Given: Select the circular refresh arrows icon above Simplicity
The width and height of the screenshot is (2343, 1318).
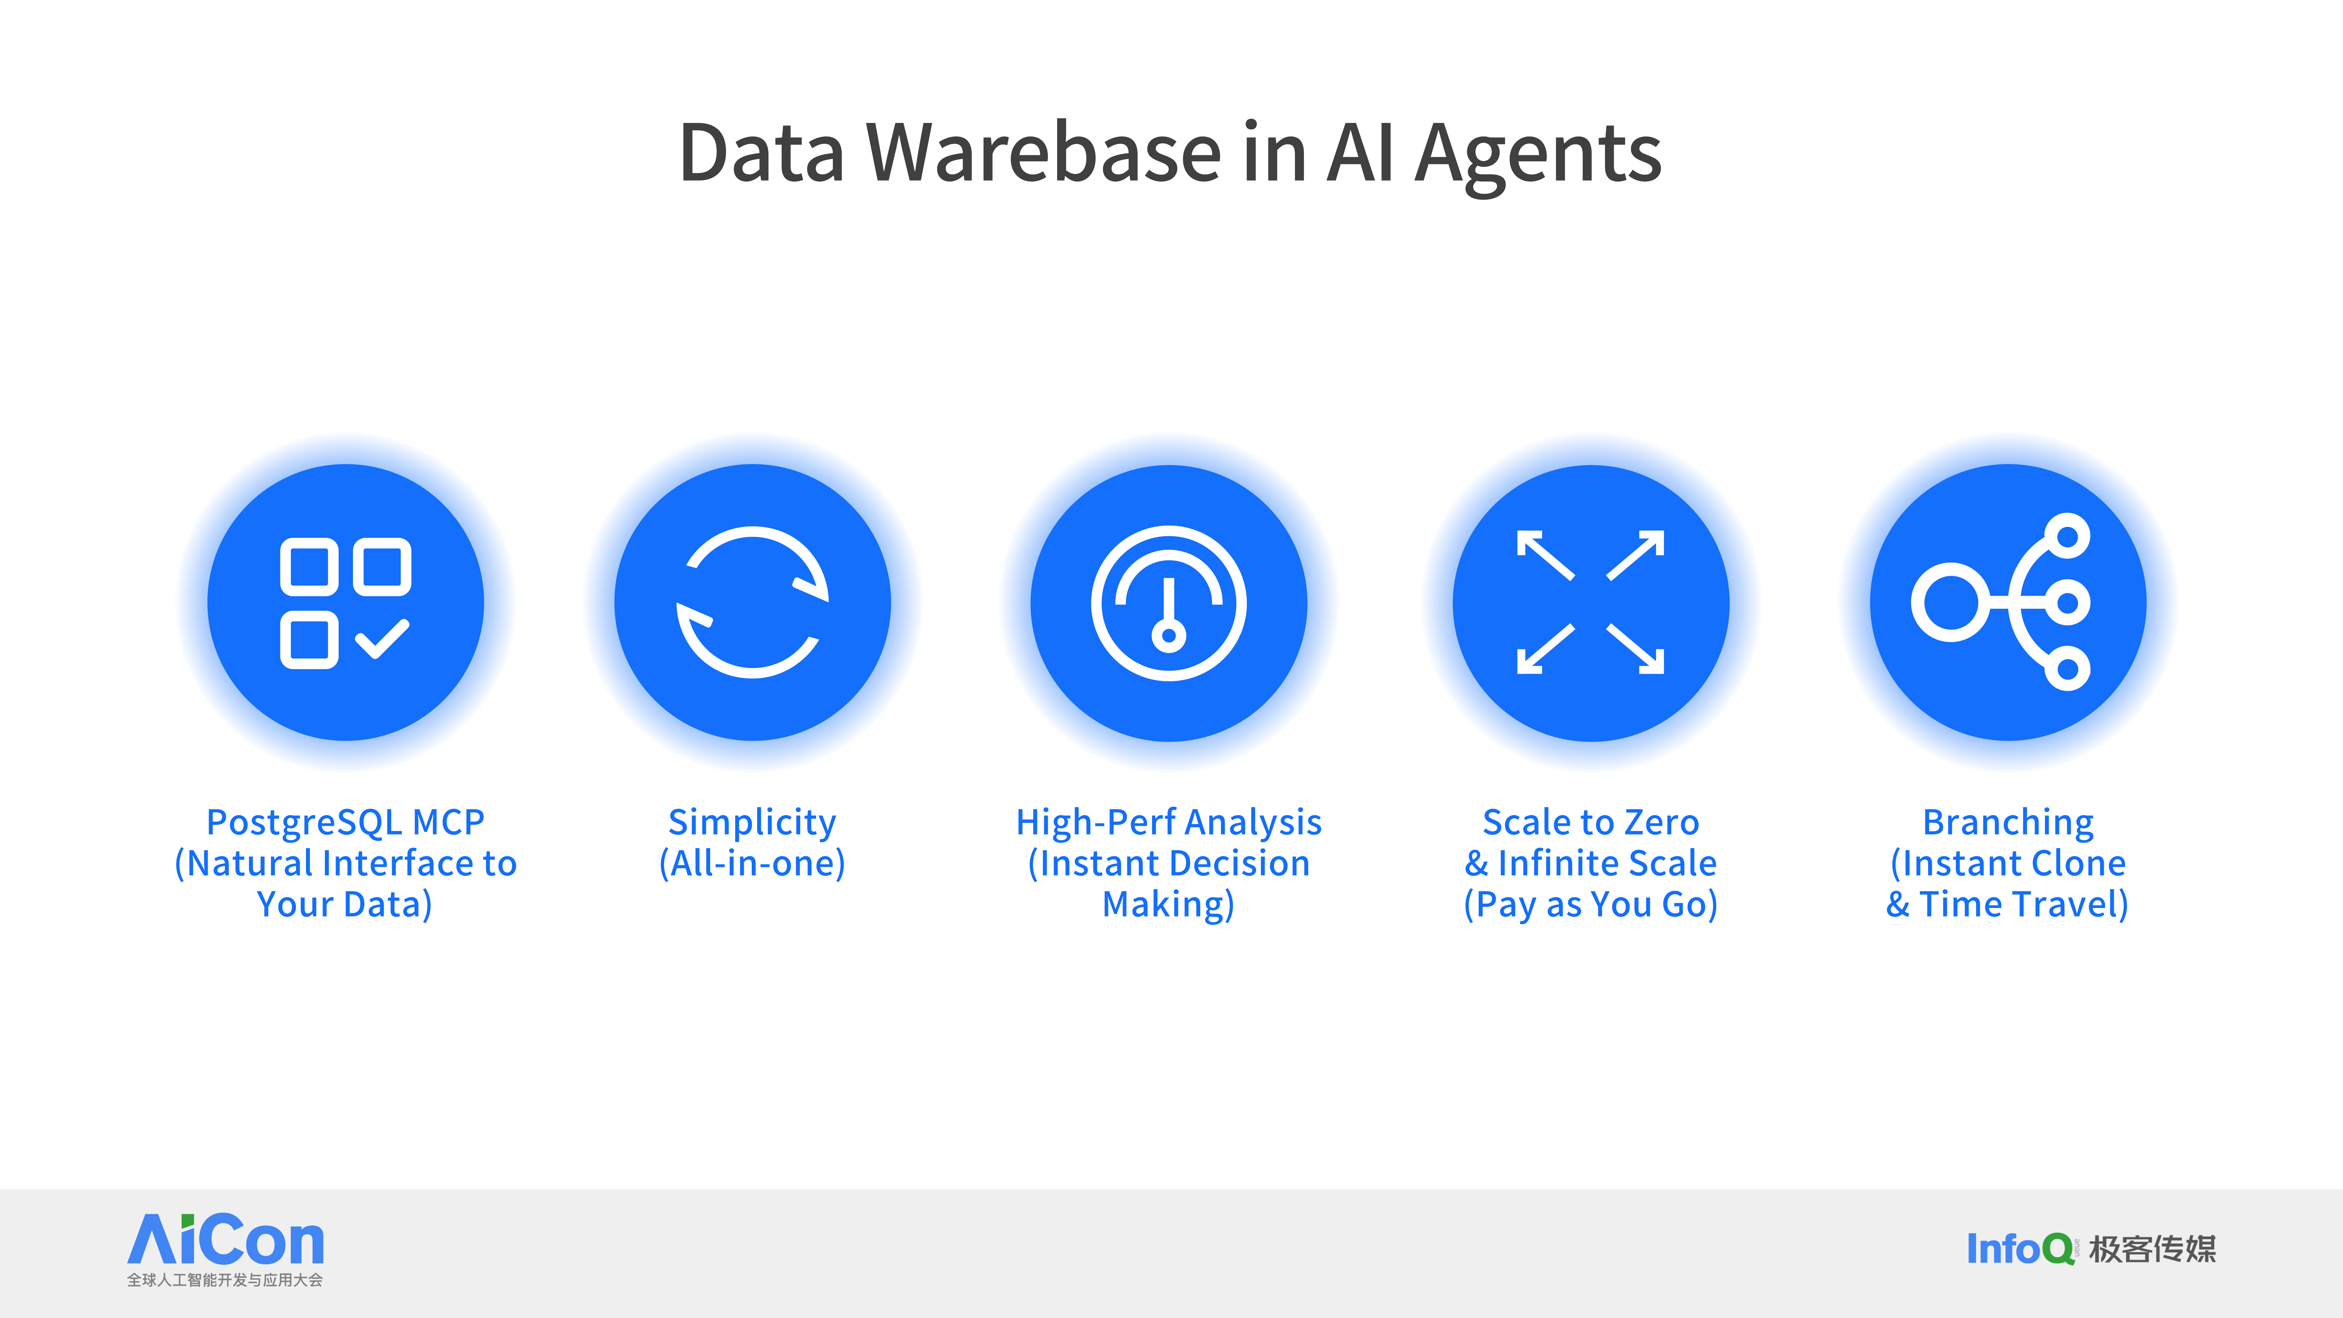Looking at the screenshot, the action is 752,602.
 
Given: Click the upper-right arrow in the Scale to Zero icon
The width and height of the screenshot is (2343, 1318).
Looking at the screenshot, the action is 1635,555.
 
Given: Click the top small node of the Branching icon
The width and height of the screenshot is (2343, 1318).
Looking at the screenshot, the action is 2068,536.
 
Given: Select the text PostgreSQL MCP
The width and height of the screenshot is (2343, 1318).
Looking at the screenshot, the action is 346,822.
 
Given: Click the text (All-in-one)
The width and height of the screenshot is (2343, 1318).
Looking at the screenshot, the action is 752,863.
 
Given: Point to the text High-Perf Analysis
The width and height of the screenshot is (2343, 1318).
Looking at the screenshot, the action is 1169,822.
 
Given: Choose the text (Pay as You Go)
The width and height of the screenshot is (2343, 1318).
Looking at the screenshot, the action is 1591,904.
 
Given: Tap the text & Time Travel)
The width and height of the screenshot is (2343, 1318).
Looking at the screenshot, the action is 2007,904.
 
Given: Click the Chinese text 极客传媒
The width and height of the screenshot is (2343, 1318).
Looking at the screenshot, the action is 2153,1249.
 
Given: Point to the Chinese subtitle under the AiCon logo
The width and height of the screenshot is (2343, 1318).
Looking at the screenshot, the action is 225,1280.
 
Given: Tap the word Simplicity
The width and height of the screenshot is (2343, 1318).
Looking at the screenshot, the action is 752,822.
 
